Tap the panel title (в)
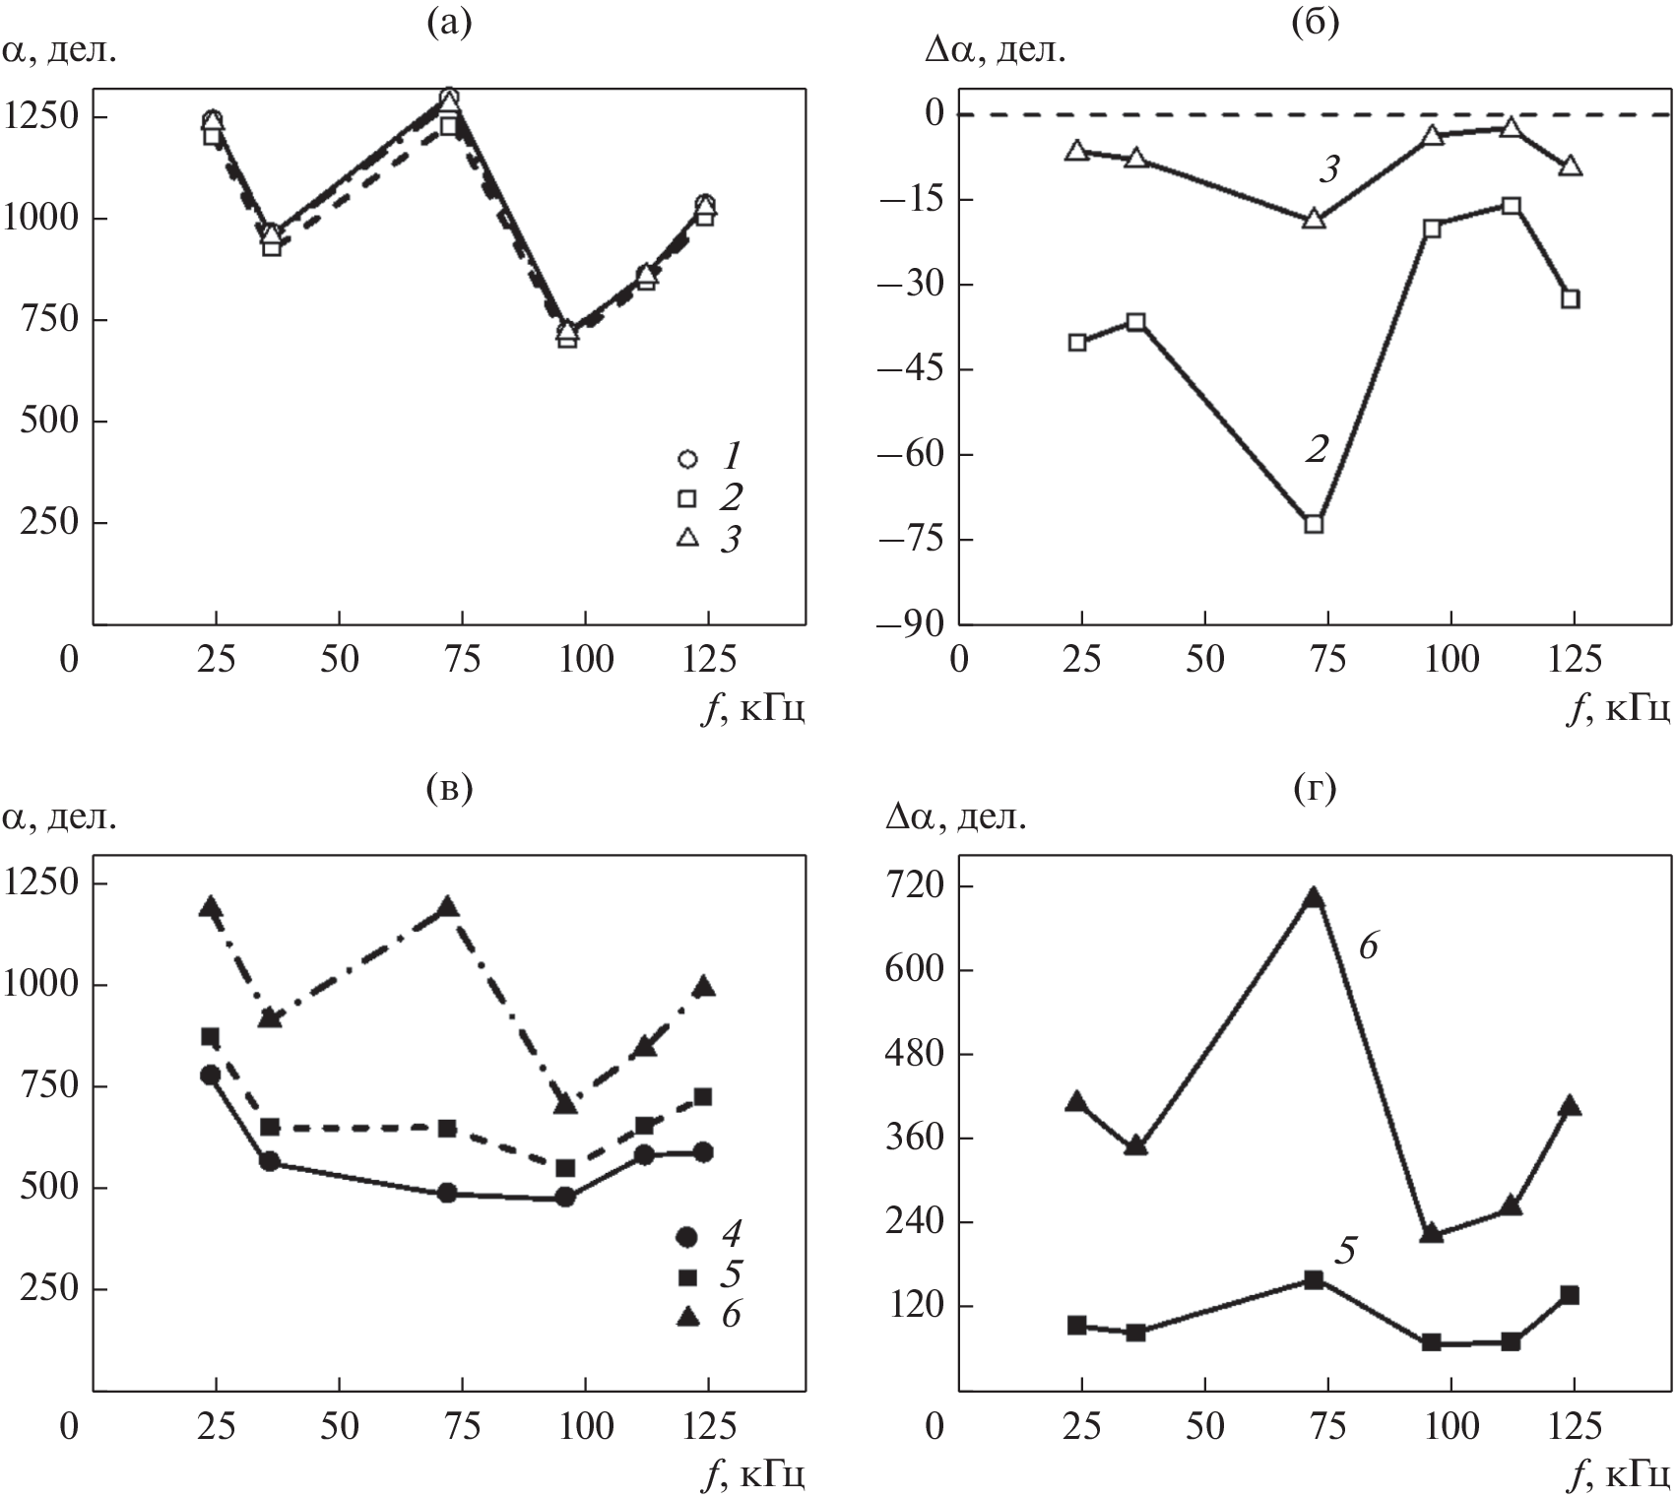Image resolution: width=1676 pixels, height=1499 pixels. pyautogui.click(x=448, y=787)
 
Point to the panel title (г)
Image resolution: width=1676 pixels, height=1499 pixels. pyautogui.click(x=1315, y=787)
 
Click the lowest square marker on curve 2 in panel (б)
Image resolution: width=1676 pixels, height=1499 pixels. pyautogui.click(x=1314, y=524)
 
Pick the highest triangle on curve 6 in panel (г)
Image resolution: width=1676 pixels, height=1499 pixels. pyautogui.click(x=1314, y=897)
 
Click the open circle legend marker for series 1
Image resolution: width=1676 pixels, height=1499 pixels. pyautogui.click(x=687, y=458)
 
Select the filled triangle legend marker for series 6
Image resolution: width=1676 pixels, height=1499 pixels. pyautogui.click(x=687, y=1317)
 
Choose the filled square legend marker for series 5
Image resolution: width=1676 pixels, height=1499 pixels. pyautogui.click(x=687, y=1276)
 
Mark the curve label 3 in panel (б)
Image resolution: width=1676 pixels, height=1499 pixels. pyautogui.click(x=1328, y=170)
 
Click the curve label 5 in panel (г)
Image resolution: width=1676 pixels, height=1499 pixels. pyautogui.click(x=1345, y=1250)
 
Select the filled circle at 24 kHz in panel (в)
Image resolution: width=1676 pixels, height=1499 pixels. pyautogui.click(x=210, y=1075)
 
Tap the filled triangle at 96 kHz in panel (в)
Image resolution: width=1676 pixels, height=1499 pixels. pyautogui.click(x=565, y=1105)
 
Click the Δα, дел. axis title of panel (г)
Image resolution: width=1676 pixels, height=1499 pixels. pyautogui.click(x=953, y=817)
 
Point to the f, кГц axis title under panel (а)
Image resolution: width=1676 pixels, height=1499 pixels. pyautogui.click(x=753, y=707)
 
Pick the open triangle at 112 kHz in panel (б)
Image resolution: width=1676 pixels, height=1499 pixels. pyautogui.click(x=1512, y=128)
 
